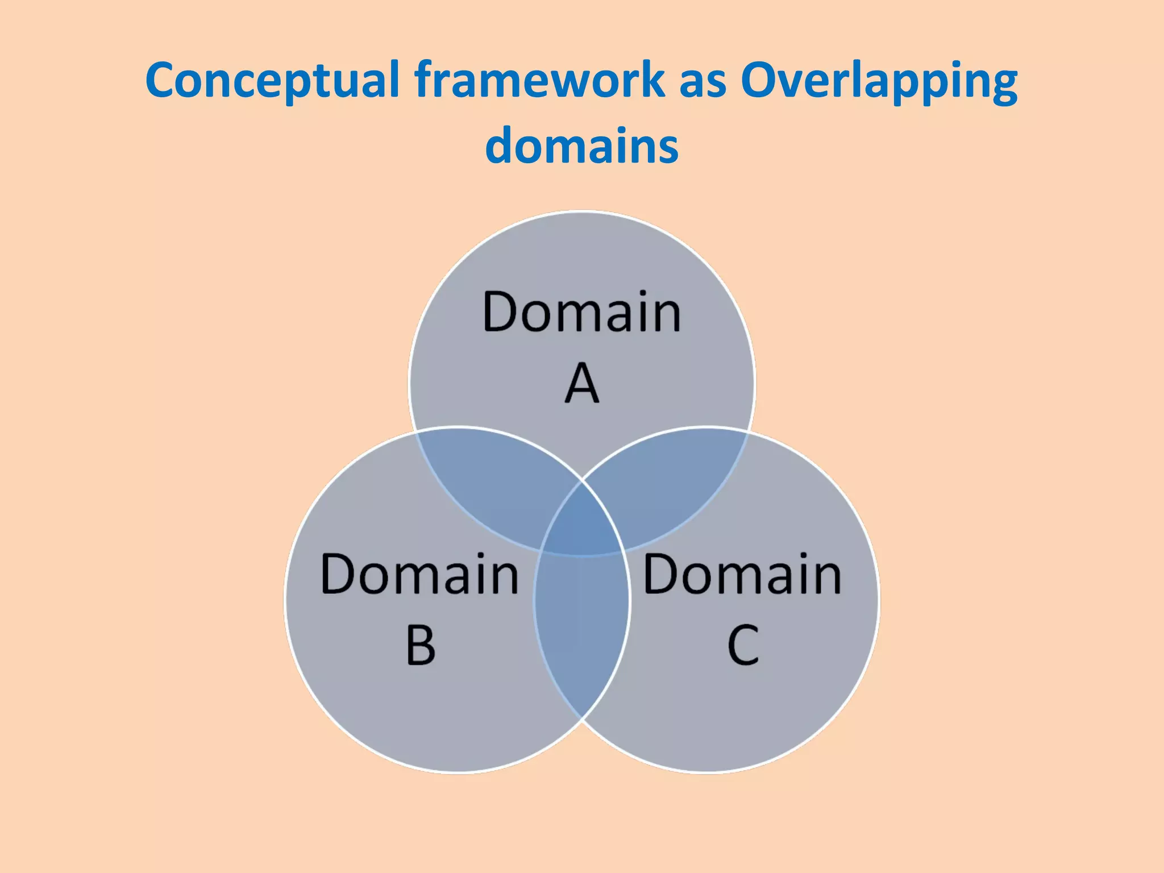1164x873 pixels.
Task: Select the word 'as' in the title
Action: coord(702,81)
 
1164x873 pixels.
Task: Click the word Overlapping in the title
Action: coord(879,81)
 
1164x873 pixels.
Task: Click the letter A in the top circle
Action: coord(582,384)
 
